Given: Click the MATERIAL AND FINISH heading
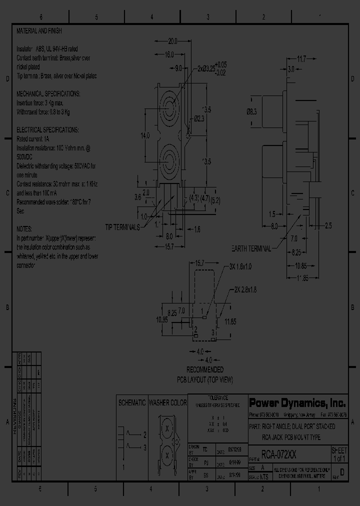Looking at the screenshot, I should (39, 31).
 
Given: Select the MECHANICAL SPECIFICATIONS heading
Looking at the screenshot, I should (48, 93).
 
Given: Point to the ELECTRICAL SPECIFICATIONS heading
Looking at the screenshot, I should (47, 129).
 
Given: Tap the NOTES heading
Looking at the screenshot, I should (24, 228).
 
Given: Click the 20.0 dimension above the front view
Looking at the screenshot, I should (173, 41).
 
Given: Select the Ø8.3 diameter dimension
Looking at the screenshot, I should (251, 112).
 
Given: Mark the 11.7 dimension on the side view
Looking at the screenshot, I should (301, 59).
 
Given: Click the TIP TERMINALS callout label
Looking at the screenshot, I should (122, 227).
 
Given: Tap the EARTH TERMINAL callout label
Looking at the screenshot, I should (251, 248).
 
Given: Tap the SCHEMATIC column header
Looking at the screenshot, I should (131, 402).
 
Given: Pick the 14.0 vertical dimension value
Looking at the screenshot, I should (144, 135).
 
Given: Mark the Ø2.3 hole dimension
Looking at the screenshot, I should (198, 118).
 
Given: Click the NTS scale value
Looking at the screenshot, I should (265, 477).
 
